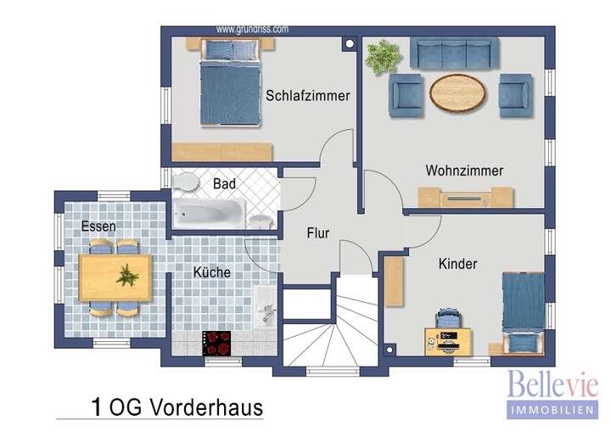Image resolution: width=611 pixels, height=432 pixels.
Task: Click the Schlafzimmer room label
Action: (307, 96)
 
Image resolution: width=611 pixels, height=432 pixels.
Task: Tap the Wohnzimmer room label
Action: (464, 171)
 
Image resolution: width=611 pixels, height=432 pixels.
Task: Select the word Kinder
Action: (457, 264)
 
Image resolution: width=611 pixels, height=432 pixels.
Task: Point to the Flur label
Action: (317, 233)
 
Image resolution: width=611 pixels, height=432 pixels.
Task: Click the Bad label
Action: (224, 183)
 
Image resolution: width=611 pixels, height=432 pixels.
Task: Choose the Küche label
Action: (211, 272)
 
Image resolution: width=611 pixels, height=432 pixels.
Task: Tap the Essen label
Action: (98, 227)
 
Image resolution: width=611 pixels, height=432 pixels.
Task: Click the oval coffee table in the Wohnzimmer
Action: (458, 93)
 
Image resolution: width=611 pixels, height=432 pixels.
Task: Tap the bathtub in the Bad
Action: (209, 210)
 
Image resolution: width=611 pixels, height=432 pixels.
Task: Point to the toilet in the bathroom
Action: (185, 181)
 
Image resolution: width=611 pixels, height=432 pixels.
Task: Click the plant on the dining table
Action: (126, 275)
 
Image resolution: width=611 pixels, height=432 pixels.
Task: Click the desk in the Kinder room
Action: (447, 339)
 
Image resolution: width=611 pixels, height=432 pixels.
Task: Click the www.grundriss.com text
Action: (252, 28)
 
